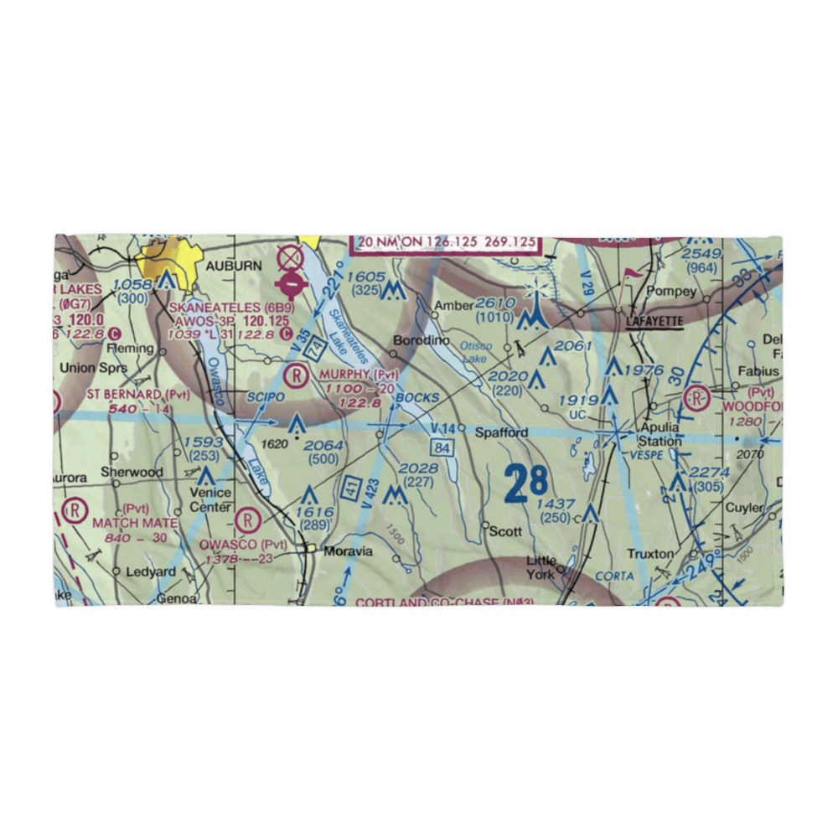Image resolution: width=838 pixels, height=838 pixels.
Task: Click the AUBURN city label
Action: [229, 264]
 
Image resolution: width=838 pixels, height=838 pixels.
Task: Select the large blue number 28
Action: [526, 484]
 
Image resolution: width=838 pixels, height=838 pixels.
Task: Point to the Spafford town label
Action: [502, 432]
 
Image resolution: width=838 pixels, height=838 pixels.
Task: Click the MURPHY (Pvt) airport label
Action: [356, 375]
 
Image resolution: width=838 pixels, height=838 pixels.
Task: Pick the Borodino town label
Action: [422, 341]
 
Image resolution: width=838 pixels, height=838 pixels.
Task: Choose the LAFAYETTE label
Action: [654, 321]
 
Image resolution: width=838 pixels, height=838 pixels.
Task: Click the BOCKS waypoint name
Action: [418, 396]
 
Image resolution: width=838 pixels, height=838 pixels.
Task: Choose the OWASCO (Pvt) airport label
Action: [244, 544]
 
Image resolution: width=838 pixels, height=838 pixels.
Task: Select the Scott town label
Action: [505, 531]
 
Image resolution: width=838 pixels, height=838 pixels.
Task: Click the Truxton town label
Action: [650, 554]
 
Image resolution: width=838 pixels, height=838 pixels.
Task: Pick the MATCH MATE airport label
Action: [135, 523]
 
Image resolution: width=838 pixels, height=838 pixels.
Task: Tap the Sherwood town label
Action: [132, 472]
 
